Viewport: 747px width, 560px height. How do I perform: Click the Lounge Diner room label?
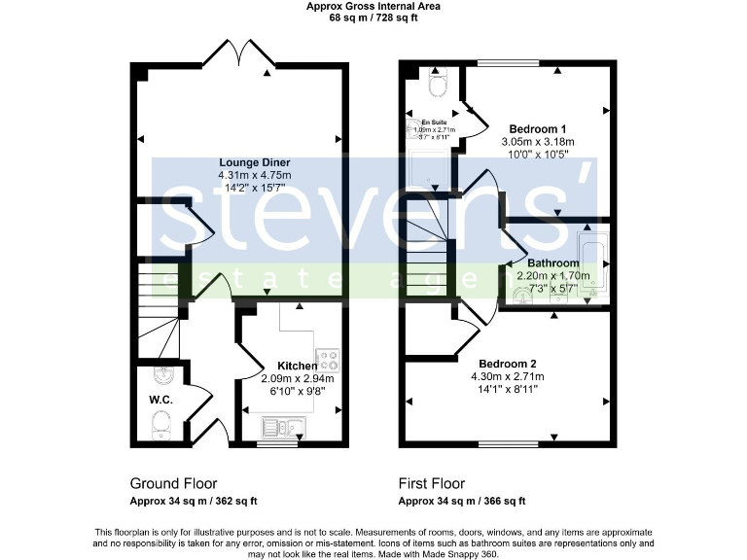tap(240, 162)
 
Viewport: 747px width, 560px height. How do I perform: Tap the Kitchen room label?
tap(298, 367)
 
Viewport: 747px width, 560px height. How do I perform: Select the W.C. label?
tap(160, 400)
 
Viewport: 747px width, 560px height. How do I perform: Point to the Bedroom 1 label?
tap(538, 129)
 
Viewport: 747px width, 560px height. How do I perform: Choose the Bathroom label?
tap(552, 263)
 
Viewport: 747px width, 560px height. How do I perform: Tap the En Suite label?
tap(433, 122)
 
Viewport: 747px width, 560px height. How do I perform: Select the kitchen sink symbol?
tap(280, 426)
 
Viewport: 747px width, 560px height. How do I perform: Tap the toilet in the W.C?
tap(160, 423)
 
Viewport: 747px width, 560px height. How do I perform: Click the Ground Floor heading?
tap(173, 483)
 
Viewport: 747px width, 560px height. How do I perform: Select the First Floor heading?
tap(432, 483)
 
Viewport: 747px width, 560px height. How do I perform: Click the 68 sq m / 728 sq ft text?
tap(373, 17)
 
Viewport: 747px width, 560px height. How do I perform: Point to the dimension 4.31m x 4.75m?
tap(240, 175)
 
